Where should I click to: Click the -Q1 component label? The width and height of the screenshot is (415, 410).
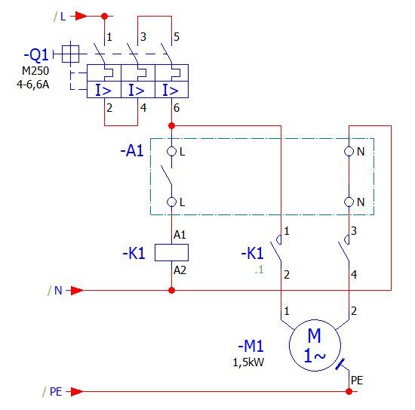pos(36,55)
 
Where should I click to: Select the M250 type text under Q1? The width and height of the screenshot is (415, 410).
pos(35,71)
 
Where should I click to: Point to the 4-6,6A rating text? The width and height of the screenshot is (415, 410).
pos(32,85)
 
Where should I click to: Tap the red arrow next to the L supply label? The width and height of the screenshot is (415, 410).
pos(81,16)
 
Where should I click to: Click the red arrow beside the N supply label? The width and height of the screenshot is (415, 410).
pos(77,291)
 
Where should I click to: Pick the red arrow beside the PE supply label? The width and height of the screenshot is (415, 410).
pos(77,391)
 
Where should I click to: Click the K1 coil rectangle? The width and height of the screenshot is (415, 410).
pos(171,253)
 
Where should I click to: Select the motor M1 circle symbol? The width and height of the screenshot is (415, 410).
pos(315,345)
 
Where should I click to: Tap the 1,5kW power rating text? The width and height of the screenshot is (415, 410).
pos(248,362)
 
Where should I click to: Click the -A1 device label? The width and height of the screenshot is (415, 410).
pos(132,151)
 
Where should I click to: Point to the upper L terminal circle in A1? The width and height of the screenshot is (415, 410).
pos(171,152)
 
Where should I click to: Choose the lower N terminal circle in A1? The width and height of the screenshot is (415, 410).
pos(349,202)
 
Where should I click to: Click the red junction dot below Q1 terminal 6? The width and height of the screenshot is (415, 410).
pos(172,125)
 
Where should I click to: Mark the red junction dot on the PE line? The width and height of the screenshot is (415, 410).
pos(349,391)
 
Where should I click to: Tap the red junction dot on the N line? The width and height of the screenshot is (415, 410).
pos(171,291)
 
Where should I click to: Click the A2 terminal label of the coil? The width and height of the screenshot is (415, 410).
pos(180,270)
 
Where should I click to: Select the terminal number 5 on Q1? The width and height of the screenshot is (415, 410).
pos(177,37)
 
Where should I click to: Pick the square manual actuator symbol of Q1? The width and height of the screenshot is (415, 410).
pos(70,54)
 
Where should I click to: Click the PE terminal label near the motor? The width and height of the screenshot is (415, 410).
pos(357,381)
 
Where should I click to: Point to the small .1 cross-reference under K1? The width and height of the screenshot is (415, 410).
pos(260,270)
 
